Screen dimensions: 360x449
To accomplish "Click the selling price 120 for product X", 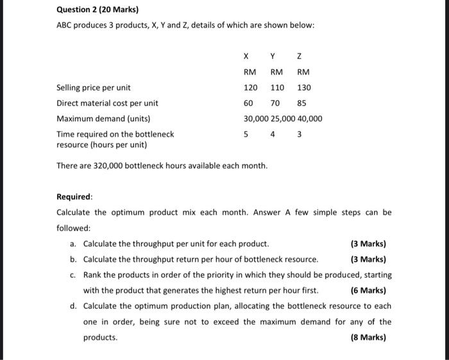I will pos(250,87).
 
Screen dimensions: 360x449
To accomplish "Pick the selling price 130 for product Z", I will pos(303,87).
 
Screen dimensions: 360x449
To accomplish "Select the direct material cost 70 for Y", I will pos(276,103).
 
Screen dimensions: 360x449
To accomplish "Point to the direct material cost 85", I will pos(301,103).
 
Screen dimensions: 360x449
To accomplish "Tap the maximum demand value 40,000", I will pos(310,119).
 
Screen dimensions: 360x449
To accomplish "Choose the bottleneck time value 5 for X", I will pos(246,135).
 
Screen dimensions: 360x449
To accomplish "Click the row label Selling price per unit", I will pos(94,87).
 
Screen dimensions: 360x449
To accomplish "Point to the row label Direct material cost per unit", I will pos(107,103).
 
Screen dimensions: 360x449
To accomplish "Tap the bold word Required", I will pos(74,197).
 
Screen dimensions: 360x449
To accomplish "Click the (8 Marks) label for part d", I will pos(368,336).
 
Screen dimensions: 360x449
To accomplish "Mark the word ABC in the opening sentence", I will pos(65,24).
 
